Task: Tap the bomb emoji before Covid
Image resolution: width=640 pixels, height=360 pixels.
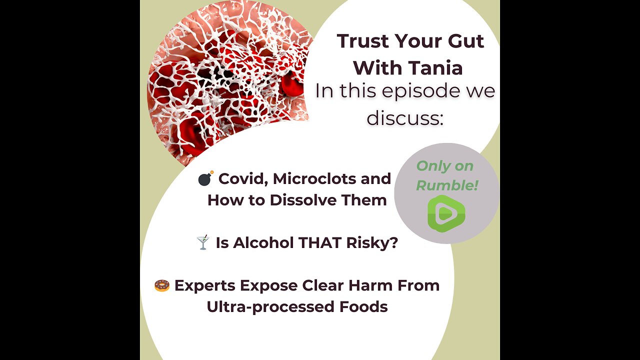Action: tap(205, 178)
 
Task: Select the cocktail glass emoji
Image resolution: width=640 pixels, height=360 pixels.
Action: tap(202, 243)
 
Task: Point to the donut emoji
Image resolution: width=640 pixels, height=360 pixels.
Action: tap(161, 286)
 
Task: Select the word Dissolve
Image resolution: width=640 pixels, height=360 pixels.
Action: tap(302, 200)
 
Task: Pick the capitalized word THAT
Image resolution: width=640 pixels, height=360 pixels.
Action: tap(321, 243)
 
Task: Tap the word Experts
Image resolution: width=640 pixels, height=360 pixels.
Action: tap(204, 285)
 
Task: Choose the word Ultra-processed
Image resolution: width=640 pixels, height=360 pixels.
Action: tap(270, 306)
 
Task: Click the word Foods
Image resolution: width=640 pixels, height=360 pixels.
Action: tap(363, 306)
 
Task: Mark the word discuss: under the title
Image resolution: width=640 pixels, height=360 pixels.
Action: tap(405, 117)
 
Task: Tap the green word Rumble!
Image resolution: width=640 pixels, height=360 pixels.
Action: tap(447, 185)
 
